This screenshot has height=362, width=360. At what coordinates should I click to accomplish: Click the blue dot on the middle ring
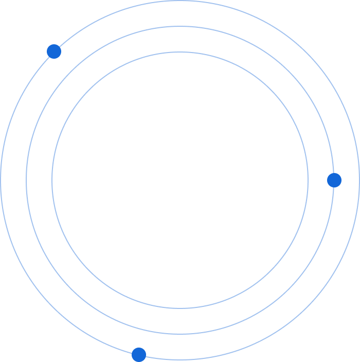tap(334, 180)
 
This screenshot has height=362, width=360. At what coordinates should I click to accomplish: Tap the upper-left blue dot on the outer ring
tap(54, 51)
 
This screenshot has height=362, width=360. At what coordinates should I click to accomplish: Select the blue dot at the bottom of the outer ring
tap(139, 355)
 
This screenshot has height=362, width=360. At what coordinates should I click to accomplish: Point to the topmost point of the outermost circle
tap(180, 1)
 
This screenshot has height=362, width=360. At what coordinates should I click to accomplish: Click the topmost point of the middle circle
tap(180, 26)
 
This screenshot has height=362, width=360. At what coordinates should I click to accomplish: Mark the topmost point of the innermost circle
tap(180, 52)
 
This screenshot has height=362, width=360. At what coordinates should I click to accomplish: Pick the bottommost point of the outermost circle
tap(180, 359)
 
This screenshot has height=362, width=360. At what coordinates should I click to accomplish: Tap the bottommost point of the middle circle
tap(180, 334)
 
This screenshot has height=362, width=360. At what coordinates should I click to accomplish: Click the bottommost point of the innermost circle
tap(180, 308)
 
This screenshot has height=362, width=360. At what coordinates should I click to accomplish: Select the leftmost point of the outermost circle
tap(1, 180)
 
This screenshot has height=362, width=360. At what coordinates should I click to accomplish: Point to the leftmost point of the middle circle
tap(26, 180)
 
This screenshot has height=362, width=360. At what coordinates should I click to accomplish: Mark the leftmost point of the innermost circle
tap(52, 180)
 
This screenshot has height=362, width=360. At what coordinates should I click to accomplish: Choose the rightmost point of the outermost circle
tap(359, 180)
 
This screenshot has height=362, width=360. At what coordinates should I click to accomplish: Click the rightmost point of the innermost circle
tap(308, 180)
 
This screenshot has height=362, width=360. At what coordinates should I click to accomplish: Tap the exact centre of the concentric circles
tap(180, 180)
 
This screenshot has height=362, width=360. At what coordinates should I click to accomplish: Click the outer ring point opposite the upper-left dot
tap(306, 309)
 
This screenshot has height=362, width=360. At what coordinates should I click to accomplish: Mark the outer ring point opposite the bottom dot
tap(221, 6)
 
